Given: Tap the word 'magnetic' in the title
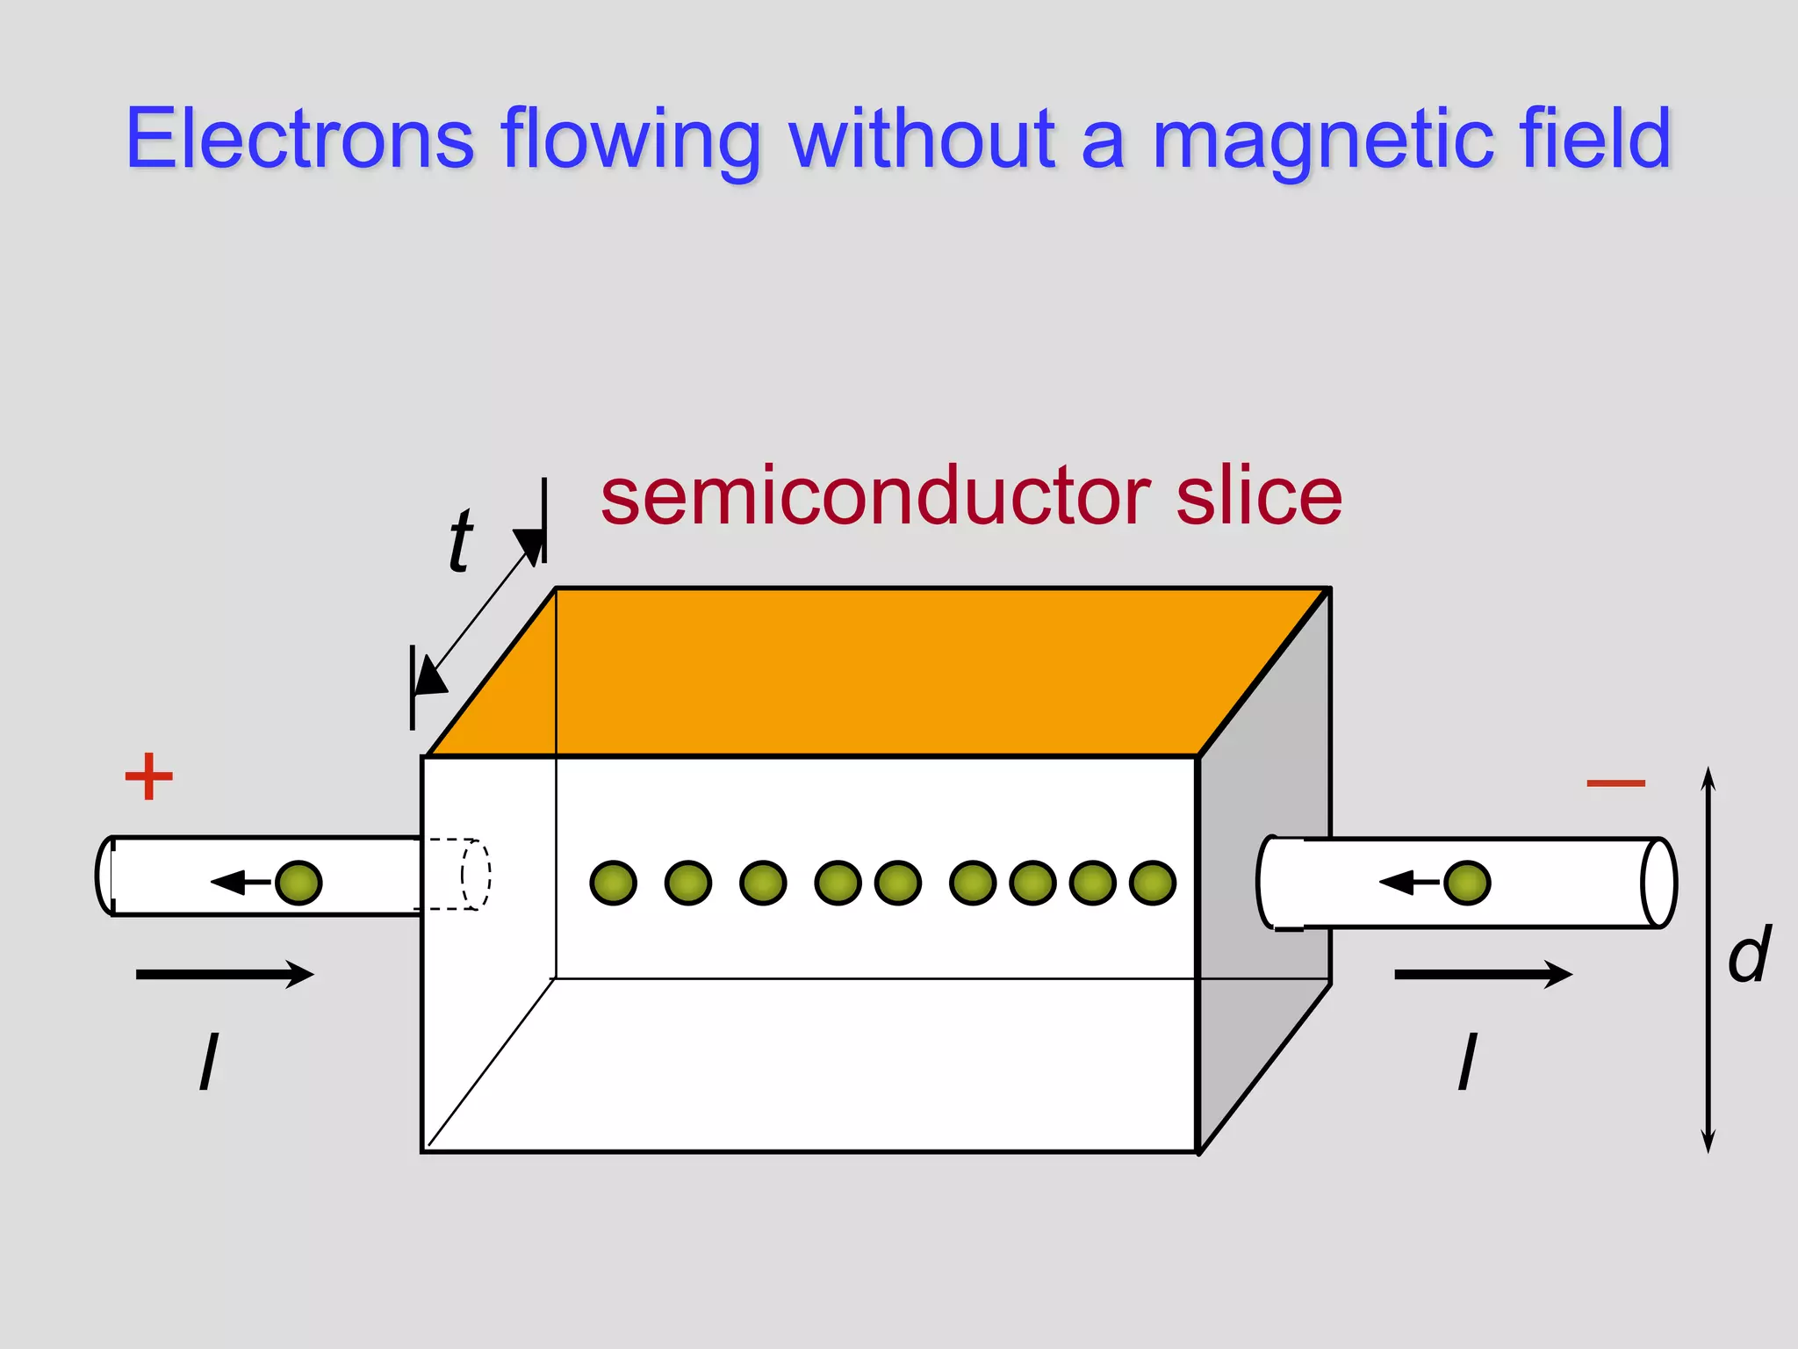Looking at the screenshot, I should pos(1309,141).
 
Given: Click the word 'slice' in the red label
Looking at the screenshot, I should pos(1259,497).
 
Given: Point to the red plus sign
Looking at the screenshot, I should pos(149,776).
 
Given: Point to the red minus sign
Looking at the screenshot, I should pos(1615,783).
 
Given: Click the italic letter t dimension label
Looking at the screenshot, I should pos(460,540).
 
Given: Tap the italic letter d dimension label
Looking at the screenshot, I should pos(1749,955).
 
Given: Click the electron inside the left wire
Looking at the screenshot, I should pos(298,883).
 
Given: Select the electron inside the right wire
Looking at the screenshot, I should pos(1467,883).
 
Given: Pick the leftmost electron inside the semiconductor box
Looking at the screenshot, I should pos(613,883).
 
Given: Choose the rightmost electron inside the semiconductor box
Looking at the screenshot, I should pos(1152,883).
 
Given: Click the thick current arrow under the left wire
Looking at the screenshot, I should pos(225,974).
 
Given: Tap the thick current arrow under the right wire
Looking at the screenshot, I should pos(1483,974).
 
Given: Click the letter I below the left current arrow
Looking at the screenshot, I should pos(209,1062).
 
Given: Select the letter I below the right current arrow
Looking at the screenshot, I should pos(1467,1062).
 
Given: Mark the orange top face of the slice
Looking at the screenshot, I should pos(878,672).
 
